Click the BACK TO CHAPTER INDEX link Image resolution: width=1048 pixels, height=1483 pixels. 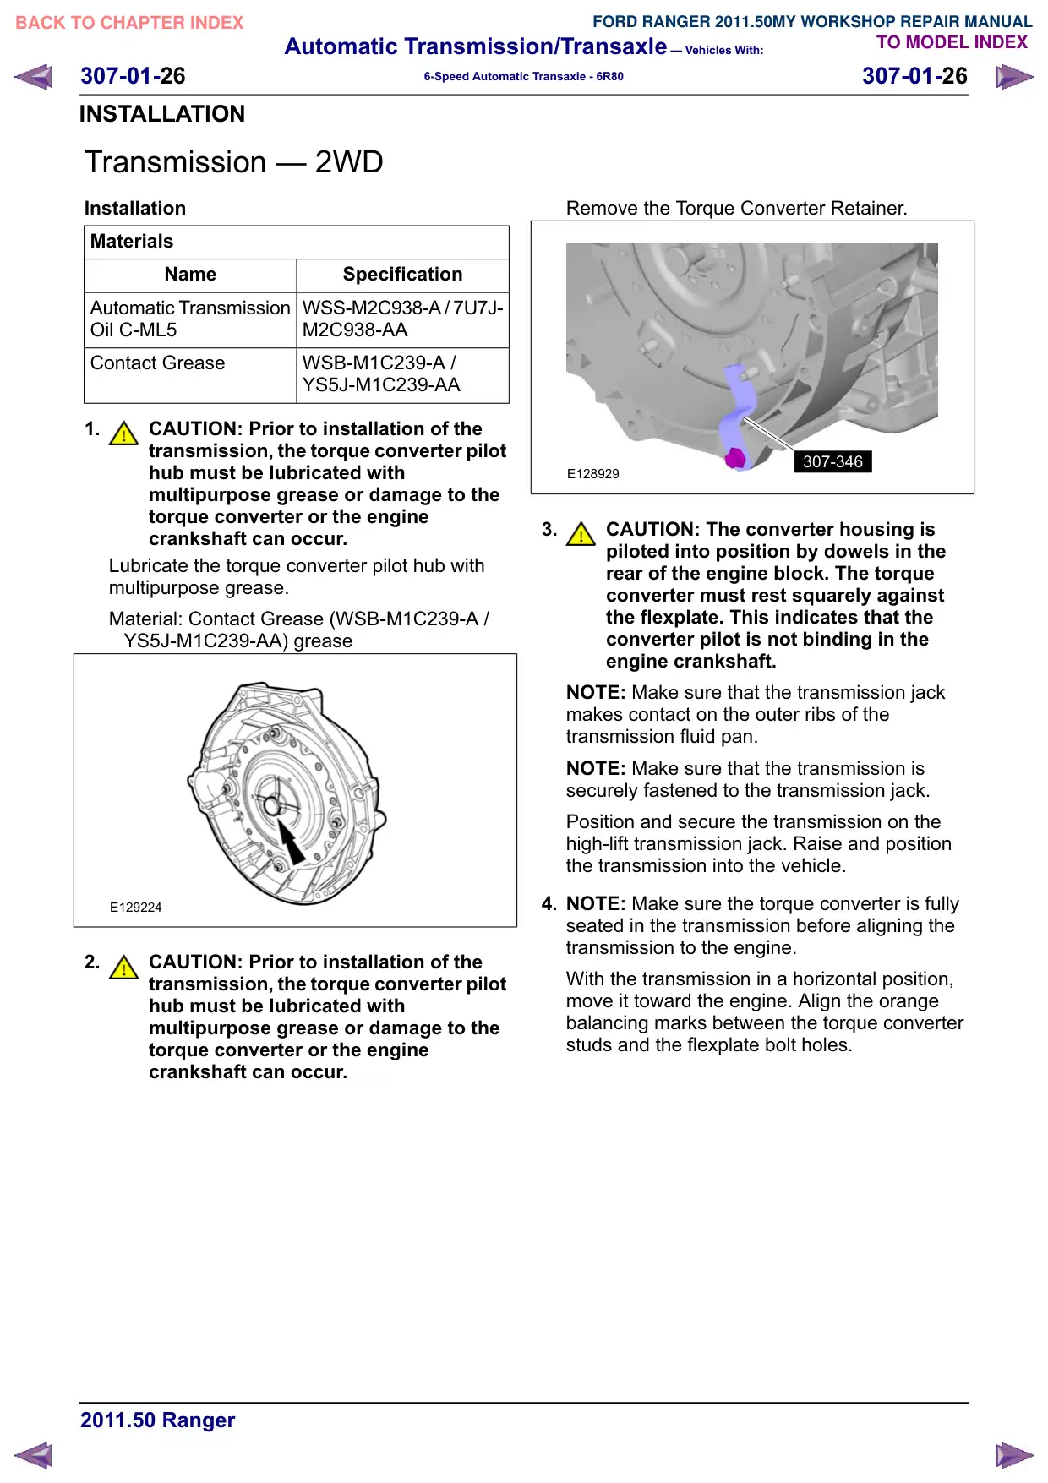129,23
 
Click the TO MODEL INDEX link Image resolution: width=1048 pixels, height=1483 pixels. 952,42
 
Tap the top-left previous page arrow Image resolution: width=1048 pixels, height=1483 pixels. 33,77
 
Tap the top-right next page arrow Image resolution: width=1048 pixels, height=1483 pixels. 1014,77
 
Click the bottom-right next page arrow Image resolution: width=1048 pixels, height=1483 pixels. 1014,1455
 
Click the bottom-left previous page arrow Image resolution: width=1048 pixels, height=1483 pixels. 33,1455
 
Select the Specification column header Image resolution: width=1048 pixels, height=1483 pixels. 402,275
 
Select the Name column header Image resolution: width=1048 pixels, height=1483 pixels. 190,275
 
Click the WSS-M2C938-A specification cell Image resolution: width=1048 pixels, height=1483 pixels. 402,319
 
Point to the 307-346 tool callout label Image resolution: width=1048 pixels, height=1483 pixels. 832,461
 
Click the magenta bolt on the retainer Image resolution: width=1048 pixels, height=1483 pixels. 735,458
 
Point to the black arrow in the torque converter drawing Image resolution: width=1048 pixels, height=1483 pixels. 289,841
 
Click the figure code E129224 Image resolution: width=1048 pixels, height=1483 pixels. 135,908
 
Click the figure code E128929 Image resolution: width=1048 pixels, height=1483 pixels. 592,474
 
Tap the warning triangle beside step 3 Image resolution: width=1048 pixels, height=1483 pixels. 581,534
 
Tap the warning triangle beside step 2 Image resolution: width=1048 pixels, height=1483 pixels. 123,967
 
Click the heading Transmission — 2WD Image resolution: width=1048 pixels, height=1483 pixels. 234,162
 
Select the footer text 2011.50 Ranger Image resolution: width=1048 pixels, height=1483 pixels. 157,1420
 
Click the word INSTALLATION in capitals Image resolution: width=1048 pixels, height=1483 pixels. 162,114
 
